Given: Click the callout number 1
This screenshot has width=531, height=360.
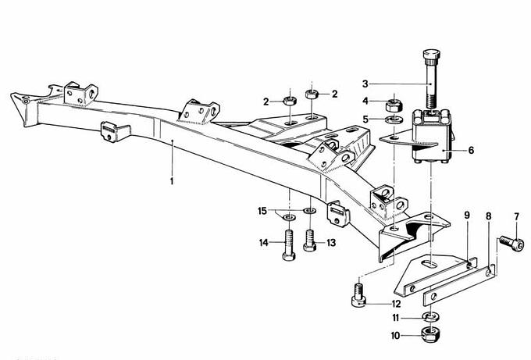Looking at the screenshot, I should tap(171, 180).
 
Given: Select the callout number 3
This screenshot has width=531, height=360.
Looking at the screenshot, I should tap(365, 83).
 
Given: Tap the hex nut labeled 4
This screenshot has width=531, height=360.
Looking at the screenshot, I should tap(394, 102).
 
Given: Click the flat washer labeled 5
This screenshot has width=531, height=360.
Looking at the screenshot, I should tap(390, 119).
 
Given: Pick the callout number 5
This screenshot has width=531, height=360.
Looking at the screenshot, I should tap(365, 119).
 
